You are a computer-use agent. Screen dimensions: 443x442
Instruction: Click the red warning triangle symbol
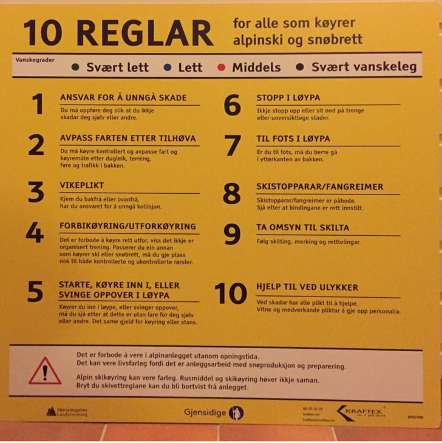pyautogui.click(x=45, y=370)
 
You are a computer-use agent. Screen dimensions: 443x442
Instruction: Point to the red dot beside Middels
pyautogui.click(x=222, y=67)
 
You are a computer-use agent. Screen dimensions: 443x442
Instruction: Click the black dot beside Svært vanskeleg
pyautogui.click(x=299, y=67)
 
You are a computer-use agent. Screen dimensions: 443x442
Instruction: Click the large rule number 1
pyautogui.click(x=38, y=105)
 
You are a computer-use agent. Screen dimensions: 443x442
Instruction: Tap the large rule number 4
pyautogui.click(x=35, y=233)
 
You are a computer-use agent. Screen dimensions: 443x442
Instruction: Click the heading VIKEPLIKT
pyautogui.click(x=82, y=185)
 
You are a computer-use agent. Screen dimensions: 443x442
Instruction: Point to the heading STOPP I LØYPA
pyautogui.click(x=288, y=97)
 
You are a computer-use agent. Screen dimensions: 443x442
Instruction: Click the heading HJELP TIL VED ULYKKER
pyautogui.click(x=307, y=287)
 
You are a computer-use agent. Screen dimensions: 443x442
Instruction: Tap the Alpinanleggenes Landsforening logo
pyautogui.click(x=67, y=412)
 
